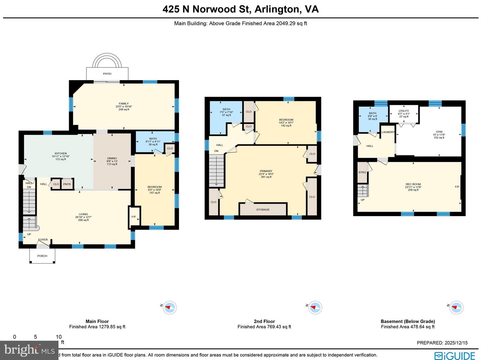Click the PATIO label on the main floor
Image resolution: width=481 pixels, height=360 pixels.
(x=107, y=73)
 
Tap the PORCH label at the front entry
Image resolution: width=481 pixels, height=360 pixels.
(x=42, y=256)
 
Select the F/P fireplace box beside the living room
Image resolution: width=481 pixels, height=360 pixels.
(x=134, y=217)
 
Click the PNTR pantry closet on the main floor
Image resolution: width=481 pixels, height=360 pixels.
(x=67, y=184)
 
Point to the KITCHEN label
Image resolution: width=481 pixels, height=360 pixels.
(x=61, y=153)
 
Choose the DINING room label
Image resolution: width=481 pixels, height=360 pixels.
(x=112, y=158)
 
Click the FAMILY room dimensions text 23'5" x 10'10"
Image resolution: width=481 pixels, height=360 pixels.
(x=124, y=107)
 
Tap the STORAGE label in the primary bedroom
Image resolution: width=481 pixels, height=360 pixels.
(x=263, y=209)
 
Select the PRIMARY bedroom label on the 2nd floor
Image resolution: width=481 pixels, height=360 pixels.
(x=266, y=171)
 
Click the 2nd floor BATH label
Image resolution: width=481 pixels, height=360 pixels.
(x=226, y=109)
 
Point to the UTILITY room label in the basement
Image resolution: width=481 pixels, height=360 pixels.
(x=404, y=111)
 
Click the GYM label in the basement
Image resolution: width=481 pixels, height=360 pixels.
(x=439, y=132)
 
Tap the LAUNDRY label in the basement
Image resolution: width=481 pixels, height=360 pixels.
(x=388, y=132)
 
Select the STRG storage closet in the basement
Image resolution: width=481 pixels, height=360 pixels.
(x=362, y=172)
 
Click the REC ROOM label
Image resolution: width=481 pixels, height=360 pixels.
(x=413, y=184)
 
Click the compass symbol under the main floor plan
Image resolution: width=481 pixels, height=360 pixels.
(x=170, y=308)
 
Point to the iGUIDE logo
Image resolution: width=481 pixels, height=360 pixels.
(x=455, y=356)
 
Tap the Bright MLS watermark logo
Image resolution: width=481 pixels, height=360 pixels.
(x=29, y=350)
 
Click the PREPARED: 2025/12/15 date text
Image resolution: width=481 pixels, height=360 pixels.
(x=442, y=343)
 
